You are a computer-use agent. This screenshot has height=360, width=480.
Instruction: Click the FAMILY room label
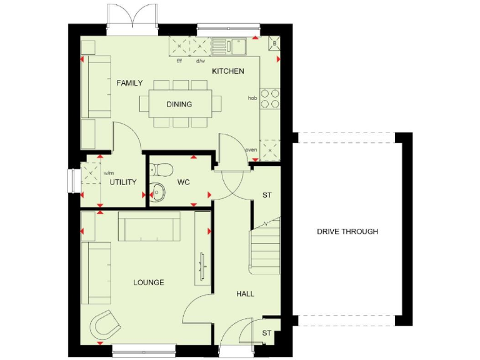(x=129, y=83)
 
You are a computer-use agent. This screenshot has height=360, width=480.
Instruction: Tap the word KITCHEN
(x=227, y=71)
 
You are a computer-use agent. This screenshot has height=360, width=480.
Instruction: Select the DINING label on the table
(x=179, y=104)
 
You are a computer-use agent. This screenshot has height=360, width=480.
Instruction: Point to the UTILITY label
(x=123, y=182)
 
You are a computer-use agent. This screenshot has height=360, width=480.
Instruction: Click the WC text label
(x=183, y=182)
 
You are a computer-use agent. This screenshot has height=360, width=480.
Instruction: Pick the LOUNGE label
(x=149, y=282)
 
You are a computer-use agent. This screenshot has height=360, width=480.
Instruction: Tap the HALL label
(x=245, y=294)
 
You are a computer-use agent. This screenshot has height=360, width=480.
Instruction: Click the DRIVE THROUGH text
(x=347, y=231)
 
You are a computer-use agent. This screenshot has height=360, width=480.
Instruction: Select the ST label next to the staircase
(x=267, y=196)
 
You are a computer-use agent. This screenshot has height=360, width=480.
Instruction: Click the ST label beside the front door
(x=267, y=333)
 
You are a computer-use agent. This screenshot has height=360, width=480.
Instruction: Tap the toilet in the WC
(x=162, y=169)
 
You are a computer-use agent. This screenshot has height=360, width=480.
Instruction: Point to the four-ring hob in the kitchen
(x=270, y=99)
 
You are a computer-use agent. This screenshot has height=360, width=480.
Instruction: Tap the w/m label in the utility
(x=108, y=173)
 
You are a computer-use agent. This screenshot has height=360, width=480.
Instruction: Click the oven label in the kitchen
(x=251, y=149)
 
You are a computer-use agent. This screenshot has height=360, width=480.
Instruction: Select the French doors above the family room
(x=131, y=16)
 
